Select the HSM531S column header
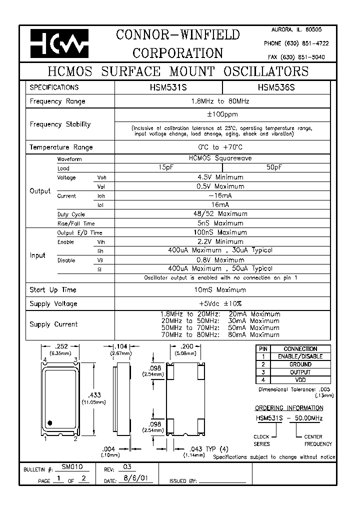point(168,87)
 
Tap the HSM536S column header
point(276,87)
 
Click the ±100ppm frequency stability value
point(222,115)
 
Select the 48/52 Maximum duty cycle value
point(222,213)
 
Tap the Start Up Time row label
point(53,290)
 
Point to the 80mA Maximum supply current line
point(220,334)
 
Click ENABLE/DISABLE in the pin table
point(300,356)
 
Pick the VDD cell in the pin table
point(300,380)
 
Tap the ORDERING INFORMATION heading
point(289,408)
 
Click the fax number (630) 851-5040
point(296,57)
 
